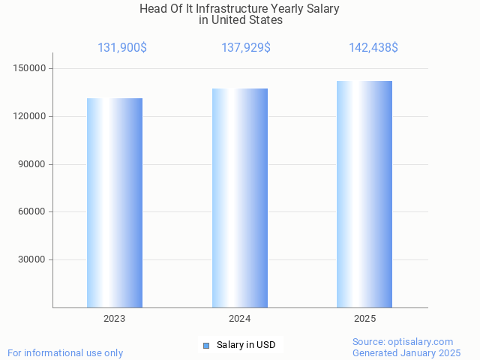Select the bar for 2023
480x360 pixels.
click(115, 202)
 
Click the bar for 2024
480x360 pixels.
click(240, 198)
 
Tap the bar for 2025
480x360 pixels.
click(364, 194)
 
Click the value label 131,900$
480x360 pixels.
click(122, 48)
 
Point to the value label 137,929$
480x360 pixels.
click(246, 48)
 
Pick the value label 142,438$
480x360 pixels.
click(373, 48)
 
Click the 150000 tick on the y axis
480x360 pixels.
click(31, 69)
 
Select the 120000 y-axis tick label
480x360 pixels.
click(31, 117)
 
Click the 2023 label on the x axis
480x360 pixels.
click(115, 319)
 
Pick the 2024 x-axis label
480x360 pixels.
click(240, 319)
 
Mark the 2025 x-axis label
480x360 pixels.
click(364, 319)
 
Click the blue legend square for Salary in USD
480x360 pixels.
click(206, 345)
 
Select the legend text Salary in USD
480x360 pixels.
click(246, 345)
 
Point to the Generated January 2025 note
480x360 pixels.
click(406, 353)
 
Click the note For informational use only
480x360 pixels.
click(65, 353)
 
